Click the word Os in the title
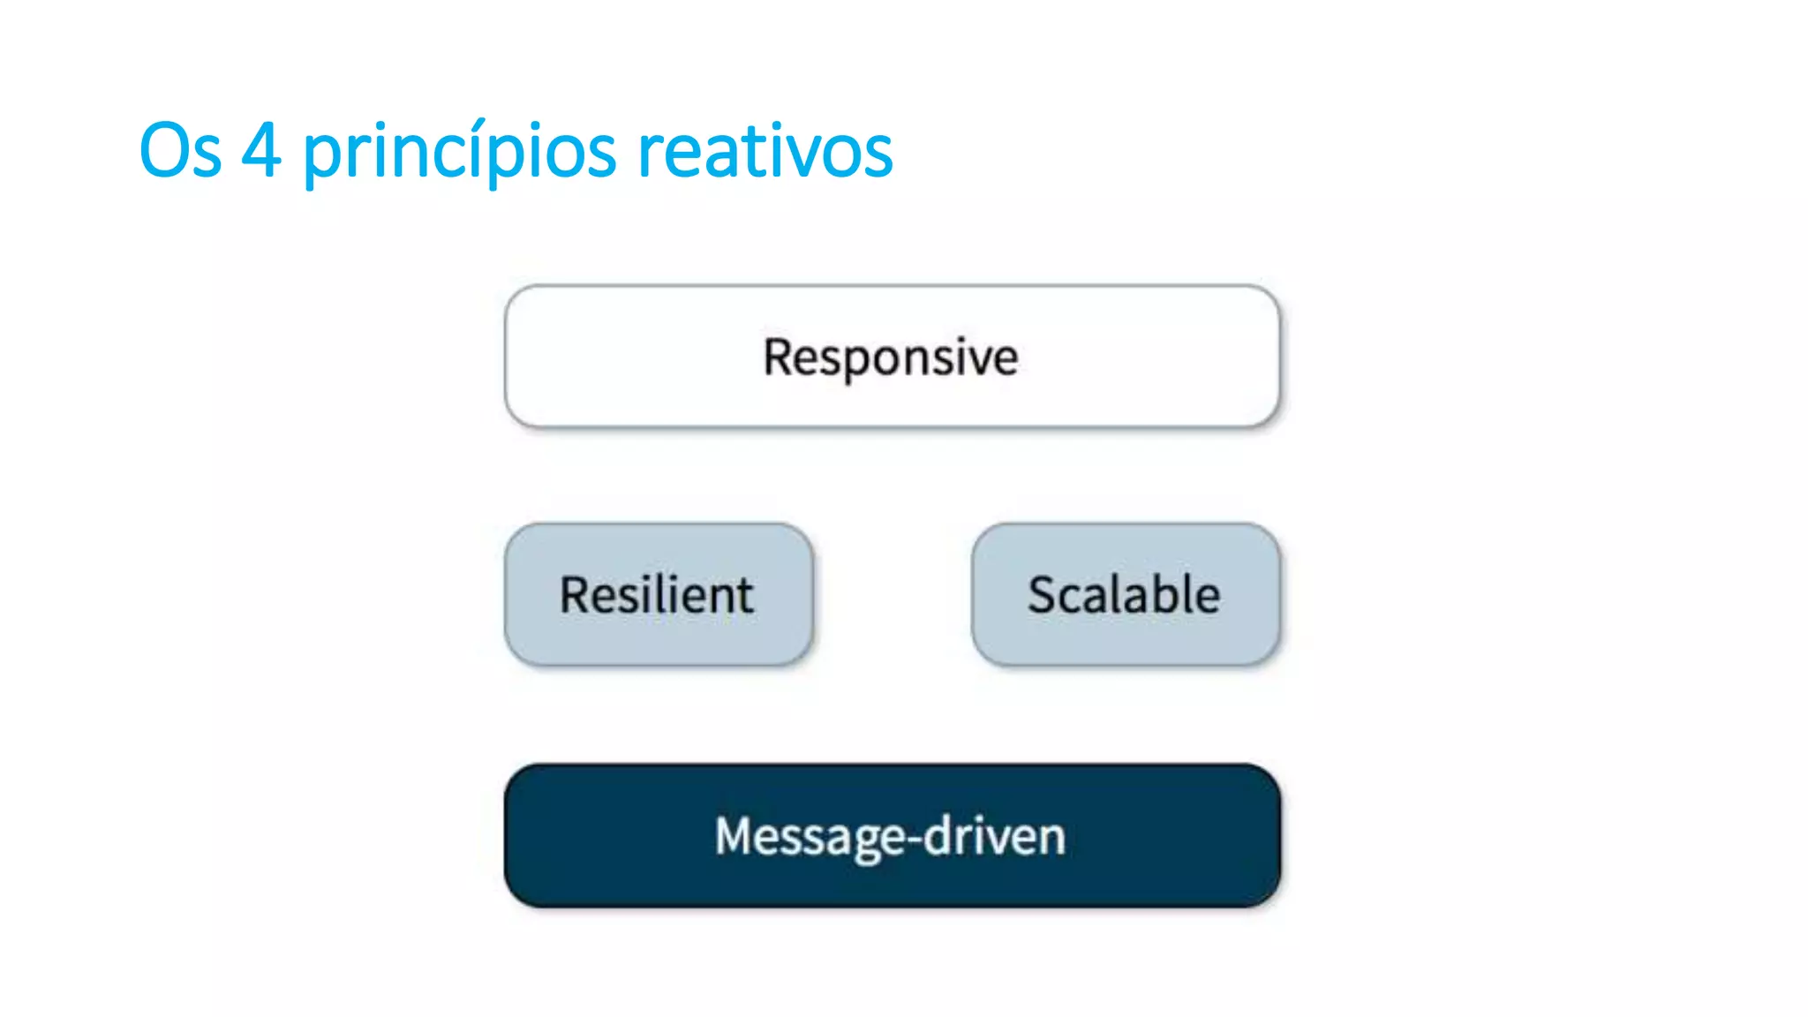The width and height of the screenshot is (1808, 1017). coord(180,151)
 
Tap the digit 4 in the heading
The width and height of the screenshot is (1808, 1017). coord(261,151)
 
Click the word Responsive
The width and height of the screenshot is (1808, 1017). coord(891,358)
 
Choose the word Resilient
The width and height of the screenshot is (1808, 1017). coord(657,594)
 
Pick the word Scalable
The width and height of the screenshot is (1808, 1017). coord(1124,594)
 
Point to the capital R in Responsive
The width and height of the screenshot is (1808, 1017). coord(779,357)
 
